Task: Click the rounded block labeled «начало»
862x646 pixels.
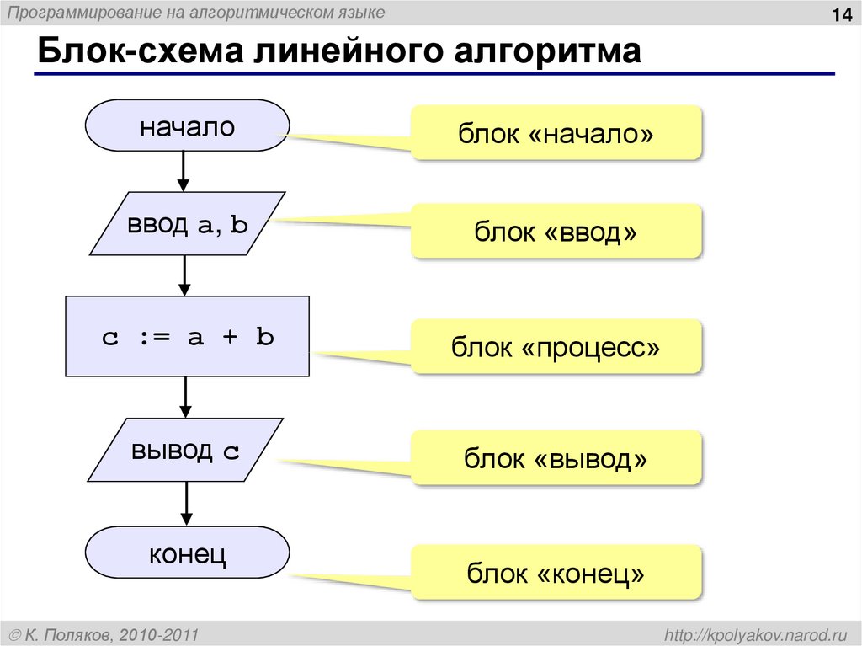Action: [x=187, y=127]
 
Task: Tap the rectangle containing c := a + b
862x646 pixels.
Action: [x=187, y=336]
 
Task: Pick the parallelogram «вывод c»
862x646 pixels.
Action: [x=185, y=451]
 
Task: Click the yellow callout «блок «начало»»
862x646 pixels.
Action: [x=556, y=133]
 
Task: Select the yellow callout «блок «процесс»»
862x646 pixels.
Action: [x=556, y=346]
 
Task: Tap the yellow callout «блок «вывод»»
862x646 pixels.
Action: [x=556, y=458]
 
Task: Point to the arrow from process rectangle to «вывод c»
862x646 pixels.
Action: [x=185, y=397]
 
